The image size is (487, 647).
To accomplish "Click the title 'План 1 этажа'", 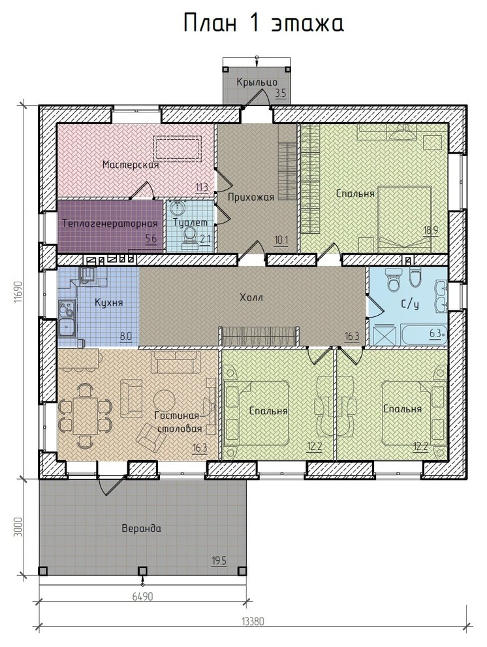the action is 263,24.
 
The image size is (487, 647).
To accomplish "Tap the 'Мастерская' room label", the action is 131,165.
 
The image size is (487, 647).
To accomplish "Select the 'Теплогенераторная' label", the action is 110,224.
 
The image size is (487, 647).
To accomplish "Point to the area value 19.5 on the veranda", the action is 219,561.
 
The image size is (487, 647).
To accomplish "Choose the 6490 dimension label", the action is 142,597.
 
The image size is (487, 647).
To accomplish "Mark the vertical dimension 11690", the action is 18,293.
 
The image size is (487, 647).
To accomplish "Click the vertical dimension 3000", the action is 18,527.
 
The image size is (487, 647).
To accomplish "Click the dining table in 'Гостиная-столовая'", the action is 86,415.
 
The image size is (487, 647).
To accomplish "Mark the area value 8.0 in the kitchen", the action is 125,336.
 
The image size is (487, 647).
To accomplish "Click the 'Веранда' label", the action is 141,529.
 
